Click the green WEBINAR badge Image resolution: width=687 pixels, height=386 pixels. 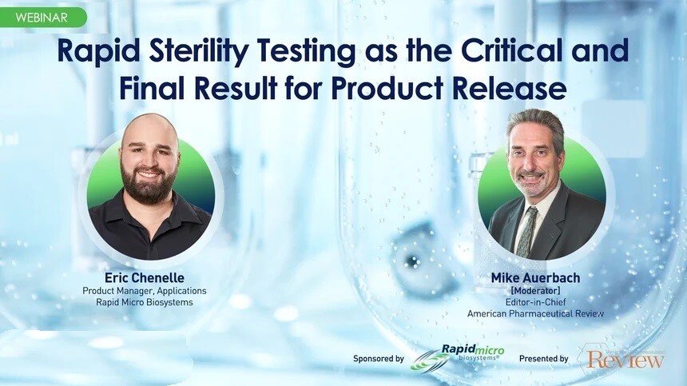[43, 18]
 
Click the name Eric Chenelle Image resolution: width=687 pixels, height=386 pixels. [145, 278]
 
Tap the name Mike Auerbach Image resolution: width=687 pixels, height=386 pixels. [535, 278]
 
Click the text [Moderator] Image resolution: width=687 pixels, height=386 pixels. [535, 290]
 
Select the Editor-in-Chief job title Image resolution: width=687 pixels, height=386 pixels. [535, 302]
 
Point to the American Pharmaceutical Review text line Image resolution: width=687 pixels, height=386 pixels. [535, 314]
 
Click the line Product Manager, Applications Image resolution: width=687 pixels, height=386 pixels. [145, 291]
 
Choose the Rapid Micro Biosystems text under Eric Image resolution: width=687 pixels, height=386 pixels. [145, 302]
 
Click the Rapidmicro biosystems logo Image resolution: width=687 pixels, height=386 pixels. [458, 356]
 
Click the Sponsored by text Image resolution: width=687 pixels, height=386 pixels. [379, 359]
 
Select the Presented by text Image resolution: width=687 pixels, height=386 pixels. [544, 359]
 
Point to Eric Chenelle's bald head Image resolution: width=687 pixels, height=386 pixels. [150, 130]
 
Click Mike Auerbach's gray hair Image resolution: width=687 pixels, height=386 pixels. [535, 124]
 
